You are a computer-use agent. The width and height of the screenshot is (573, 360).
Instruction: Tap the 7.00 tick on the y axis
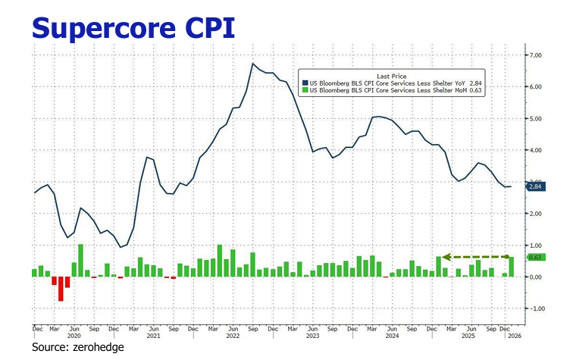coord(535,55)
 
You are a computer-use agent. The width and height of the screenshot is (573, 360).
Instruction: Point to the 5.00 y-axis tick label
coord(535,119)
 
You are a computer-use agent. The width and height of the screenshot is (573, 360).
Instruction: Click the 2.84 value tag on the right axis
coord(536,186)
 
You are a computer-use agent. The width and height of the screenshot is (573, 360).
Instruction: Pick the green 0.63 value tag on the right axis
coord(535,258)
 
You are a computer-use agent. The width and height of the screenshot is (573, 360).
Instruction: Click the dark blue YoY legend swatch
coord(305,83)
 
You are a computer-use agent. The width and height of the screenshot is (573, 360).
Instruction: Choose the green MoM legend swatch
coord(305,90)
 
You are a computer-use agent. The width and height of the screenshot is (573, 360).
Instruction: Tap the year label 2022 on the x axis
coord(233,335)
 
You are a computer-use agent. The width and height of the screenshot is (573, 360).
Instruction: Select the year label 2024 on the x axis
coord(390,335)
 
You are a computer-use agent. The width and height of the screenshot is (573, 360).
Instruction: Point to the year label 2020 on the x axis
coord(74,335)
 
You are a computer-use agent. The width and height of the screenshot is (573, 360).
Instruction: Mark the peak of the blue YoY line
coord(252,63)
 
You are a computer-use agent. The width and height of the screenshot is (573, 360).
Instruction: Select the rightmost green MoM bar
coord(512,267)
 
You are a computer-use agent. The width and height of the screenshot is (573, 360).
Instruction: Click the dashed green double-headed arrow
coord(477,257)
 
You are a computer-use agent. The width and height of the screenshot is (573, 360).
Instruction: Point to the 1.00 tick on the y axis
coord(535,246)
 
